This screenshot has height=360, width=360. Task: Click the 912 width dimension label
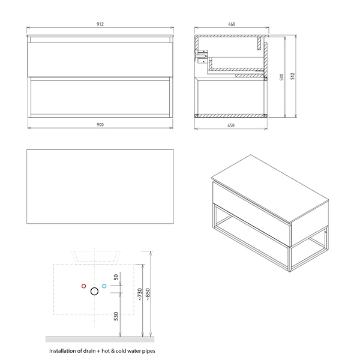[100, 24]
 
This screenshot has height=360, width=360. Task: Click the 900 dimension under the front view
[100, 125]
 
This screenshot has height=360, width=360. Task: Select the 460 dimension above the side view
[232, 24]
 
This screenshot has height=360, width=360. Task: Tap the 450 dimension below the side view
[231, 125]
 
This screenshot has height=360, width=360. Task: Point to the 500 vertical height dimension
[282, 77]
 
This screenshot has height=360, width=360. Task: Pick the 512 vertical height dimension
[292, 76]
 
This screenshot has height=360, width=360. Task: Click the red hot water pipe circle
[84, 286]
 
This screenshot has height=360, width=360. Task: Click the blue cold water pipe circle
[104, 286]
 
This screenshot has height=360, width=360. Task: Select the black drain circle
[94, 292]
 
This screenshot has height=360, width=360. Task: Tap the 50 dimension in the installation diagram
[116, 277]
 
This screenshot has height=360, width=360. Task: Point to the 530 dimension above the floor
[116, 316]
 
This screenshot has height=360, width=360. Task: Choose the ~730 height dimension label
[140, 295]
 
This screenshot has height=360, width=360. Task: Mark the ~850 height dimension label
[148, 295]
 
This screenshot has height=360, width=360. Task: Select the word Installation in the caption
[62, 351]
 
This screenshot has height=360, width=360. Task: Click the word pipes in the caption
[149, 351]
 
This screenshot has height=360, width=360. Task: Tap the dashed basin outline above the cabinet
[96, 261]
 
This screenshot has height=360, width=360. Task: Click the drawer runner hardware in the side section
[202, 56]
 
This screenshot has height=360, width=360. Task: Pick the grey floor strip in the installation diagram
[100, 340]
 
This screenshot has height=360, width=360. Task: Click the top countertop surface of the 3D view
[270, 188]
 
